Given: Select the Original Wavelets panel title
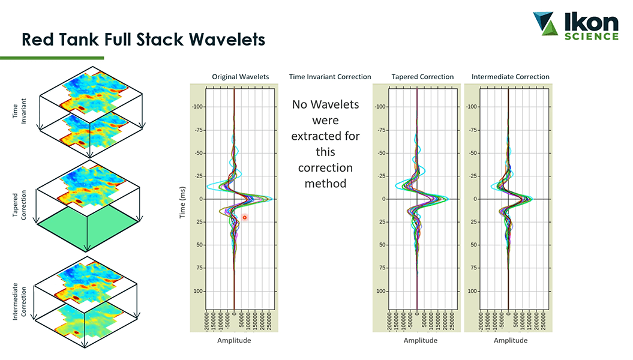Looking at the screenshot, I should [x=240, y=77].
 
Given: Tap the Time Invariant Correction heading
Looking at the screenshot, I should [x=330, y=77].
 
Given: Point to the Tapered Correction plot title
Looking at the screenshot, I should [x=422, y=77].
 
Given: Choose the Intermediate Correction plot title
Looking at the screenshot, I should [x=511, y=77].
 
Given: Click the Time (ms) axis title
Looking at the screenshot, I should [x=184, y=199].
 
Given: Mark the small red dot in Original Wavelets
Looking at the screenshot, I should [x=245, y=217].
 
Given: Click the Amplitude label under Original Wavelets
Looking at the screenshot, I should [x=234, y=340].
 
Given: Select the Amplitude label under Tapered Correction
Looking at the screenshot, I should [x=420, y=340].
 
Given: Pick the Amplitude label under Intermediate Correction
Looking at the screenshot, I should [x=511, y=340].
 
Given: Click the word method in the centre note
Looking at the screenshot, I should [x=325, y=184].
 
